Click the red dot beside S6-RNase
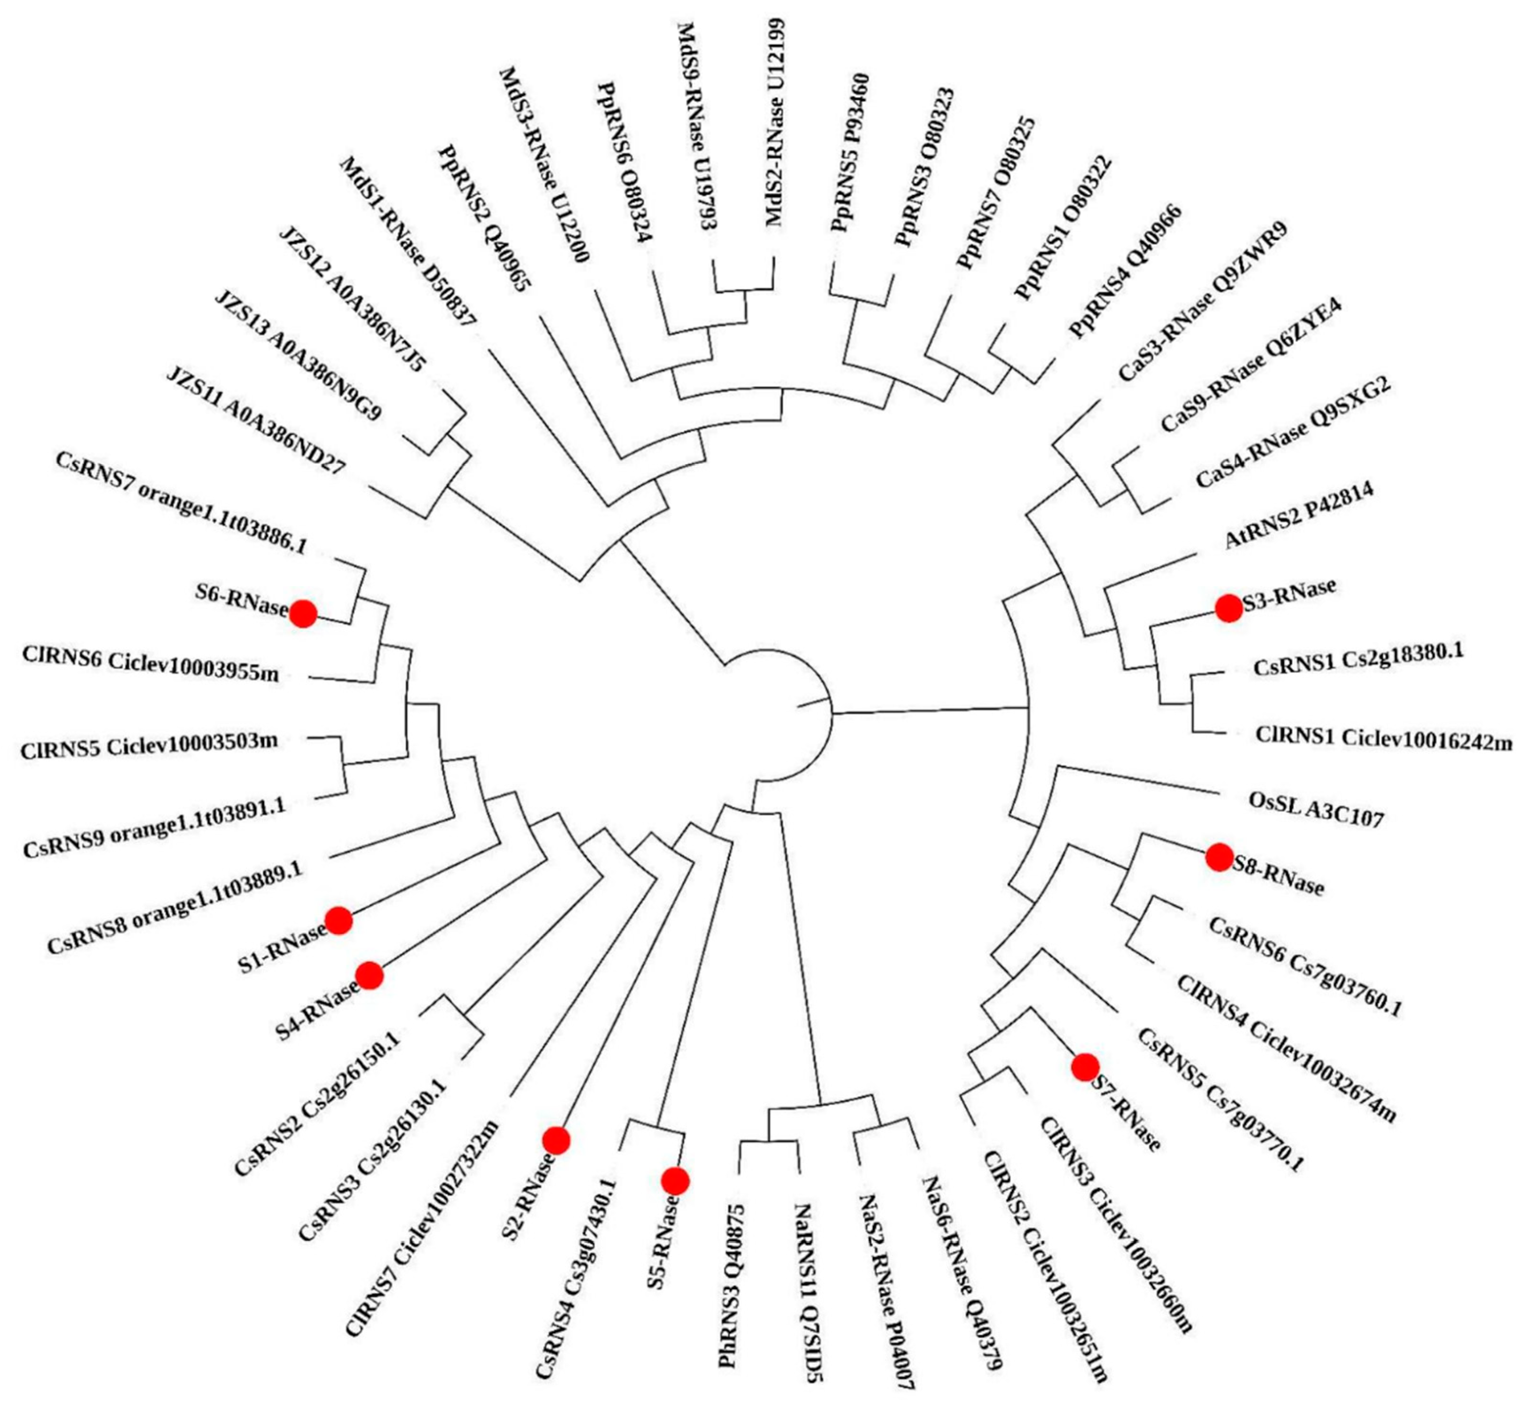point(303,613)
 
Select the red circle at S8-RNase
point(1219,857)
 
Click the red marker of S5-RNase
point(675,1181)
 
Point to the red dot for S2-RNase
point(556,1140)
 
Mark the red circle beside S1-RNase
point(339,920)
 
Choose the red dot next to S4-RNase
point(370,975)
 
